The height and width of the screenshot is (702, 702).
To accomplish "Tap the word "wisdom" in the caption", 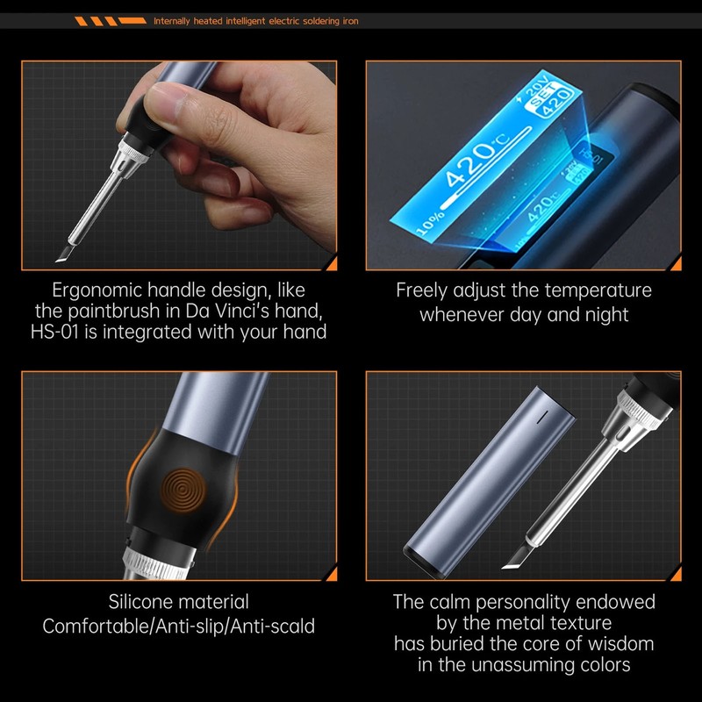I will point(614,643).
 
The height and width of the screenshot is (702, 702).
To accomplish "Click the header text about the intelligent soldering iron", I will point(255,20).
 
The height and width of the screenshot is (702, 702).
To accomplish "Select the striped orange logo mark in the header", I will point(110,20).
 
